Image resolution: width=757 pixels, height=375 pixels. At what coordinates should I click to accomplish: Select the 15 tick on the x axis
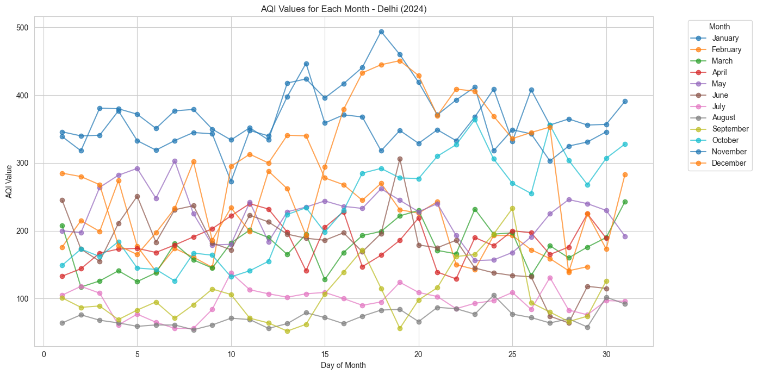(325, 354)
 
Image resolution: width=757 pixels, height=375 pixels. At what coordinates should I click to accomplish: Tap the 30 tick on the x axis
(606, 354)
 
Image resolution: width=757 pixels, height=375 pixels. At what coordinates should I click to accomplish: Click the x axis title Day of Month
(344, 365)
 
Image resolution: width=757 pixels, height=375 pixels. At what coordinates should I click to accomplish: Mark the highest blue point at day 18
(381, 32)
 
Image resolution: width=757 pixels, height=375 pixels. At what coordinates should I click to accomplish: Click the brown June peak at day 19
(400, 159)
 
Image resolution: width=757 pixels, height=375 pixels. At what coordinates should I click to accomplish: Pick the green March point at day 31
(625, 202)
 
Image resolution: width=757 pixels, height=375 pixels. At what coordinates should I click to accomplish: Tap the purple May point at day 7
(175, 161)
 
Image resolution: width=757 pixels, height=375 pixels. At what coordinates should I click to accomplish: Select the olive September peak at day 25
(512, 208)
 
